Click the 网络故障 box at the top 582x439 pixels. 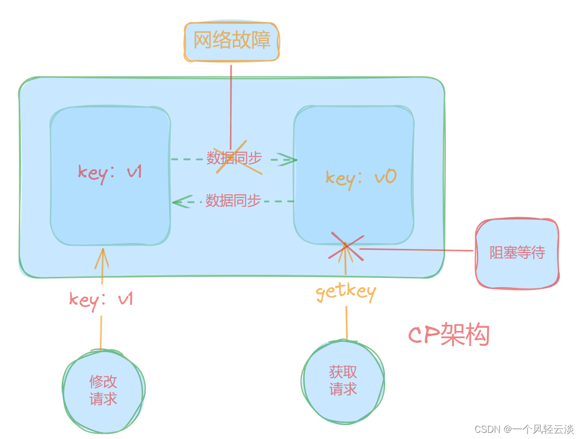(x=232, y=41)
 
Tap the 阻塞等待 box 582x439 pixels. (x=517, y=253)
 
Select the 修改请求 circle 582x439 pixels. (x=103, y=391)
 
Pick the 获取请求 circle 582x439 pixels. (x=343, y=381)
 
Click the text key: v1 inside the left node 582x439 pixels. (x=110, y=172)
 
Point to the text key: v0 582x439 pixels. (x=361, y=178)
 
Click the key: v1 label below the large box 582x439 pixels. (x=101, y=299)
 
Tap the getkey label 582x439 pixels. (x=346, y=292)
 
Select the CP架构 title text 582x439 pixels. (x=449, y=335)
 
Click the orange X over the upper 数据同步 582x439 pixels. (x=238, y=159)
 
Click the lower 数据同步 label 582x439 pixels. (x=233, y=201)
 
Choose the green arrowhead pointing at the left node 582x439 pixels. (x=180, y=202)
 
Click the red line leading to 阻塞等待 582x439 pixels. (x=415, y=250)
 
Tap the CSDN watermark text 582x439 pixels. (x=523, y=429)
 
